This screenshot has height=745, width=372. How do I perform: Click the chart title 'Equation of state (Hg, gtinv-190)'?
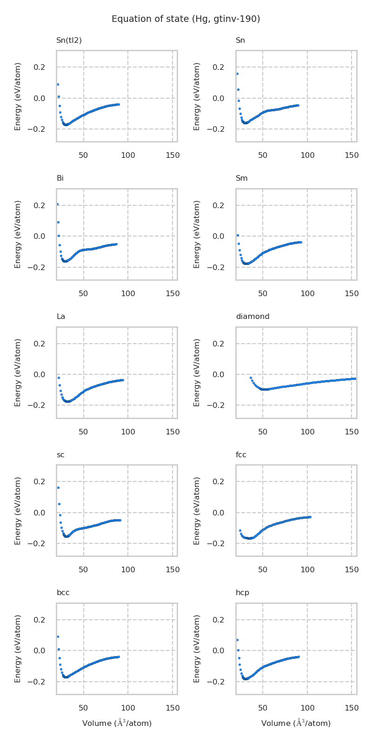coord(186,19)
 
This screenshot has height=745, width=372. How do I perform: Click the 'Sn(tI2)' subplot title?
coord(69,41)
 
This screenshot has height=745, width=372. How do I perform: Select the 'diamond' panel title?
coord(252,317)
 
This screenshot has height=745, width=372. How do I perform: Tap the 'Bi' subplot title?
coord(60,178)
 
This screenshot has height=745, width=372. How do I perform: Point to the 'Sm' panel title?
coord(242,178)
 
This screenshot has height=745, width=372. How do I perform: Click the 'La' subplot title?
coord(61,317)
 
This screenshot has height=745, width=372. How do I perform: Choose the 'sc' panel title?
coord(60,455)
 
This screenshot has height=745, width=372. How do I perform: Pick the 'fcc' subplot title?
coord(241,455)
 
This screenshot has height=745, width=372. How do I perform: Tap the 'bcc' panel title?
coord(63,593)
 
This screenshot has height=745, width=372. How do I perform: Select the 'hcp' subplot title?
coord(242,593)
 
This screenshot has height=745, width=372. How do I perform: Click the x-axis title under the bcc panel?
coord(117,723)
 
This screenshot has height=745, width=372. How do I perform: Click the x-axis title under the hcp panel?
coord(296,723)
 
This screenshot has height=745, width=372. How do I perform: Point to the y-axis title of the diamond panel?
coord(197,372)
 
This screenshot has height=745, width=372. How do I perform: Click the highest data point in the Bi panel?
coord(58,204)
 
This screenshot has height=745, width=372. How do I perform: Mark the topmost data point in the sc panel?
coord(58,488)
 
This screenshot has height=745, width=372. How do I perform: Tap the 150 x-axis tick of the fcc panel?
coord(352,570)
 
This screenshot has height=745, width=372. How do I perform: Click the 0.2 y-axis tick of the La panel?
coord(40,344)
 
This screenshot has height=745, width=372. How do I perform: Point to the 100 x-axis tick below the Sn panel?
coord(307,156)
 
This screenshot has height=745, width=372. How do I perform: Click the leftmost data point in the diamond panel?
coord(251,378)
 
